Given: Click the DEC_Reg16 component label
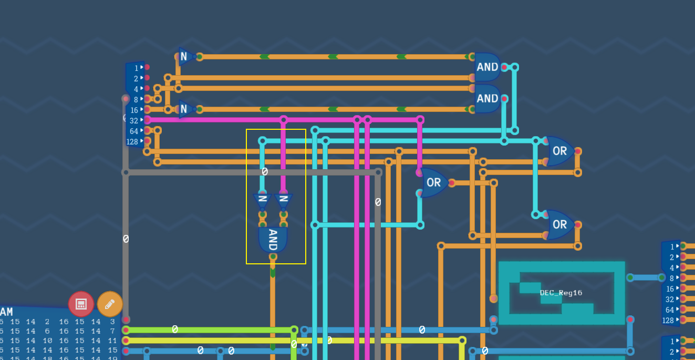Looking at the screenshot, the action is pyautogui.click(x=561, y=293).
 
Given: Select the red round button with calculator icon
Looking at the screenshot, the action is pyautogui.click(x=81, y=304).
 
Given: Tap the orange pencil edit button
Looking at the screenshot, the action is pyautogui.click(x=110, y=304).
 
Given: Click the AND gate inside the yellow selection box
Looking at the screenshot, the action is pyautogui.click(x=273, y=239).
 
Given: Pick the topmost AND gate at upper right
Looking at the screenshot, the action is pyautogui.click(x=487, y=67).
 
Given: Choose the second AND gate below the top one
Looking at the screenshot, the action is pyautogui.click(x=487, y=98).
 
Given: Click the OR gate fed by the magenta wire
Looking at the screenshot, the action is pyautogui.click(x=434, y=182).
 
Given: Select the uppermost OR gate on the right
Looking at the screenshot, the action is pyautogui.click(x=559, y=151).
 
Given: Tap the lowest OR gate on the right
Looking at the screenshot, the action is pyautogui.click(x=559, y=224).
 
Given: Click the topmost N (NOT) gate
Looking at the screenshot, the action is pyautogui.click(x=184, y=56).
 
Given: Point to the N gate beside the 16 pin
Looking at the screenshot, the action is pyautogui.click(x=184, y=109).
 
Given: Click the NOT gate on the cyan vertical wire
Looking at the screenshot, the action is pyautogui.click(x=262, y=199).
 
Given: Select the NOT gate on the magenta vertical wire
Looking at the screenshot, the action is pyautogui.click(x=283, y=199).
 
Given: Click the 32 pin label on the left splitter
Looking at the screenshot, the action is pyautogui.click(x=134, y=120).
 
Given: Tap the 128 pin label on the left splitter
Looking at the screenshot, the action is pyautogui.click(x=132, y=141).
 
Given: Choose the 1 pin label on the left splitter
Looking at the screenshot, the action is pyautogui.click(x=136, y=68).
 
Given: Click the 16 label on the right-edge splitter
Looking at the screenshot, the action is pyautogui.click(x=670, y=289).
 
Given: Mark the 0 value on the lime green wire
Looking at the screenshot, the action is pyautogui.click(x=175, y=329).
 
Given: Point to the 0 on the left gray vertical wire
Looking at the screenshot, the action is pyautogui.click(x=126, y=239).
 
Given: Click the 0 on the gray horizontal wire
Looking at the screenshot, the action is pyautogui.click(x=265, y=172).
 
